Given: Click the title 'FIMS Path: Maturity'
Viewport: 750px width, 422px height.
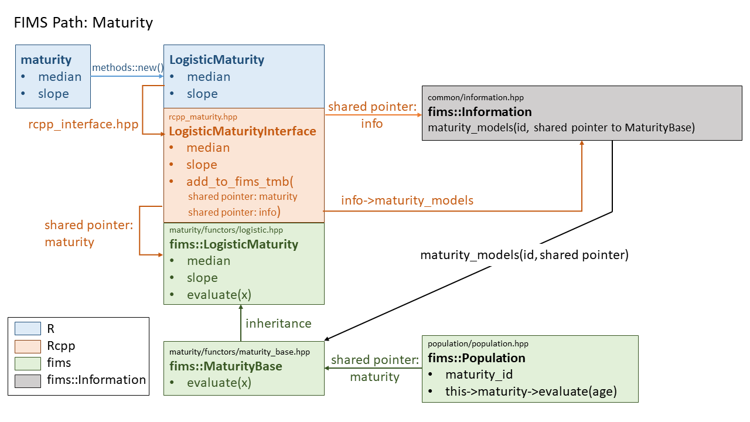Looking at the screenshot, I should [83, 23].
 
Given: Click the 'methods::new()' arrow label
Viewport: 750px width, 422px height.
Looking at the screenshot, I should [127, 67].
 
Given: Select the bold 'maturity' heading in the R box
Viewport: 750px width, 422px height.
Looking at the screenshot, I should [46, 60].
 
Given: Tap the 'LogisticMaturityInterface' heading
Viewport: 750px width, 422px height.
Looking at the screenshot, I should [243, 131].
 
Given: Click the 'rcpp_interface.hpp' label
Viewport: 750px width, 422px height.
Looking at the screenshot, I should [83, 124].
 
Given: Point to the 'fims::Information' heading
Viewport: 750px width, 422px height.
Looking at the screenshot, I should [480, 112].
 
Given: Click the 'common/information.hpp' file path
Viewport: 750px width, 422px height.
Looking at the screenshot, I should [476, 97].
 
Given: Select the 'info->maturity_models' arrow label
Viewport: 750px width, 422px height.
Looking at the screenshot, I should [407, 200].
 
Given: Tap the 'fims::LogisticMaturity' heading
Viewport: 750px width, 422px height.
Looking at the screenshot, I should [234, 244].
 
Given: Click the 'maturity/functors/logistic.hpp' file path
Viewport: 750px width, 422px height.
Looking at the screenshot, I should [226, 230].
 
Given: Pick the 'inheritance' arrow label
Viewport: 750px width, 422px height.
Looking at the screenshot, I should [278, 324].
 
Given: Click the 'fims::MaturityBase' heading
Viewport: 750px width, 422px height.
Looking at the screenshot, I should [226, 366].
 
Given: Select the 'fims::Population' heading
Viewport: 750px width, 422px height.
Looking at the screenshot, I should [476, 358].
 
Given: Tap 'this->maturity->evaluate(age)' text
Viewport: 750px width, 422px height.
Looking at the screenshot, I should [531, 392].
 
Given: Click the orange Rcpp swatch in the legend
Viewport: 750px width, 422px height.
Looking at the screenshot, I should [28, 346].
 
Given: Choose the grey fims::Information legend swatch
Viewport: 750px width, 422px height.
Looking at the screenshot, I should [28, 380].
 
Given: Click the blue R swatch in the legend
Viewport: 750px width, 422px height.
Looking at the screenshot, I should [28, 329].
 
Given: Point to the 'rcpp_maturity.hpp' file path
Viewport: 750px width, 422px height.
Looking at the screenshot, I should [203, 117].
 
